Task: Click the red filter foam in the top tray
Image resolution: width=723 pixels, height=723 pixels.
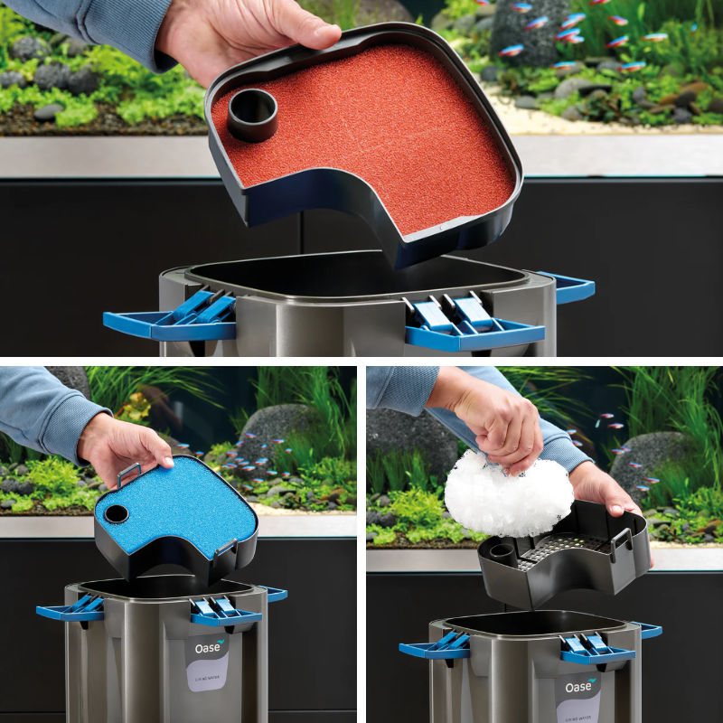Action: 380,145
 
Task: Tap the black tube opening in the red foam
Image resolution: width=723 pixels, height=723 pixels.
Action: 252,111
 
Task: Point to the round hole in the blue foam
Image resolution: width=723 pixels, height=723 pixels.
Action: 117,514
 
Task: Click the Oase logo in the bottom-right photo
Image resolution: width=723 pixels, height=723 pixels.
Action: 579,687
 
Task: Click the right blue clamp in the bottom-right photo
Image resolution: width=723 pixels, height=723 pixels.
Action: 596,650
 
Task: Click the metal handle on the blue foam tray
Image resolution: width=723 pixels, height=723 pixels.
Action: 127,474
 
